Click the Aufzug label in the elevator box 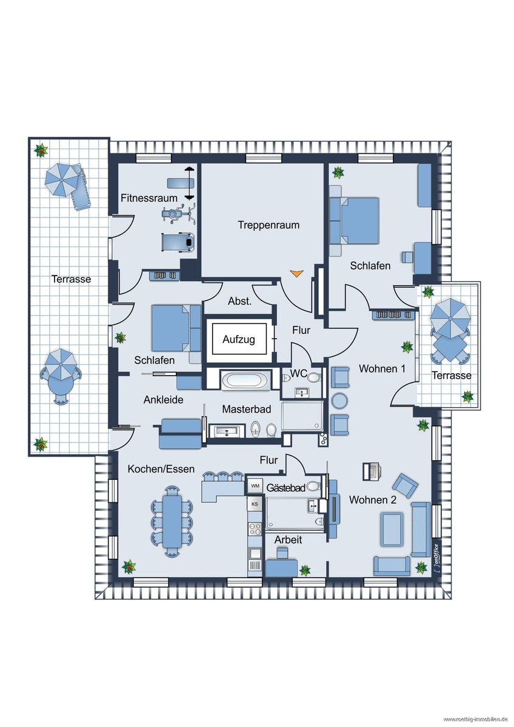pos(238,339)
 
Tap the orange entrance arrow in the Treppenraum pos(296,273)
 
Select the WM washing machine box pos(255,486)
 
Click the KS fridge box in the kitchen pos(255,504)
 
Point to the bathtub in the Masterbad pos(245,380)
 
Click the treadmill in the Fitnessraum pos(178,242)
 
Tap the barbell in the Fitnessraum pos(189,183)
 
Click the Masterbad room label pos(247,410)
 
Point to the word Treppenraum pos(269,225)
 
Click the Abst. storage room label pos(239,301)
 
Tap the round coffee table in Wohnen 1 pos(339,401)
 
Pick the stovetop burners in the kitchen pos(255,529)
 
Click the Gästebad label pos(285,488)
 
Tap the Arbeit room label pos(288,540)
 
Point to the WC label pos(298,373)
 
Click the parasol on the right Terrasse pos(450,319)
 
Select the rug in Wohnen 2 pos(392,529)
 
